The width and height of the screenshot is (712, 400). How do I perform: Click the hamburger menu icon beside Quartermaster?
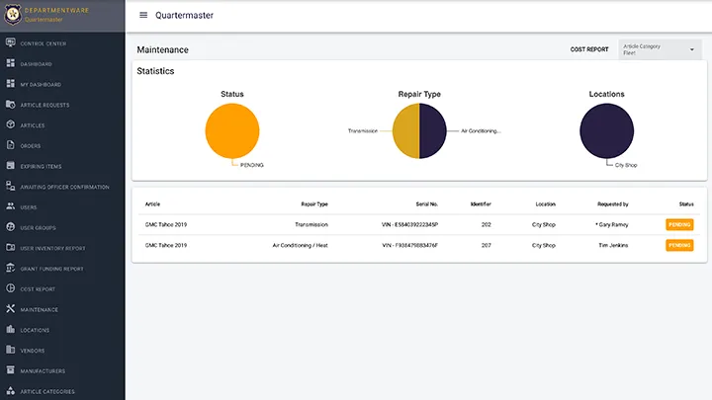(x=143, y=15)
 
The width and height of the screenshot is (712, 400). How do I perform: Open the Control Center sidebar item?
(x=43, y=43)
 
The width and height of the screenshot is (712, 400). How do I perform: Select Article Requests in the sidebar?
(x=44, y=105)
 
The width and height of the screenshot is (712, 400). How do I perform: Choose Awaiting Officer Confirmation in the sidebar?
(x=64, y=187)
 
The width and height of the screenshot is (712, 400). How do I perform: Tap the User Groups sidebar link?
(x=38, y=227)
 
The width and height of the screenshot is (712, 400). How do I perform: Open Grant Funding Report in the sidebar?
(x=51, y=269)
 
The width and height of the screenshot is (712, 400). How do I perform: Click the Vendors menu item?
(x=32, y=351)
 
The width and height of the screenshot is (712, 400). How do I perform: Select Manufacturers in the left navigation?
(x=43, y=371)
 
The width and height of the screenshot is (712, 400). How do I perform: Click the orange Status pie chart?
(x=232, y=131)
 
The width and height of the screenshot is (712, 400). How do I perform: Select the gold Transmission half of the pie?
(x=406, y=131)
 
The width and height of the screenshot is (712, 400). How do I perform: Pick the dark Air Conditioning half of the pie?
(x=433, y=131)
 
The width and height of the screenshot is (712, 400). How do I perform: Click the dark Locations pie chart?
(x=606, y=131)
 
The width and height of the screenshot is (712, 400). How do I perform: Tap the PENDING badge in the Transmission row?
(x=679, y=224)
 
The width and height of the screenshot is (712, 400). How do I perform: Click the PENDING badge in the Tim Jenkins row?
(x=679, y=245)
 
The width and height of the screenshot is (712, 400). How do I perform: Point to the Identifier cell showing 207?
(x=487, y=245)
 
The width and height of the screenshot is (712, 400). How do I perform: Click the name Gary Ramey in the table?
(x=614, y=224)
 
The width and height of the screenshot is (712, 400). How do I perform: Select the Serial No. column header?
(x=410, y=203)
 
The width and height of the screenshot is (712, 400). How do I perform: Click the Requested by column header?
(x=613, y=203)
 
